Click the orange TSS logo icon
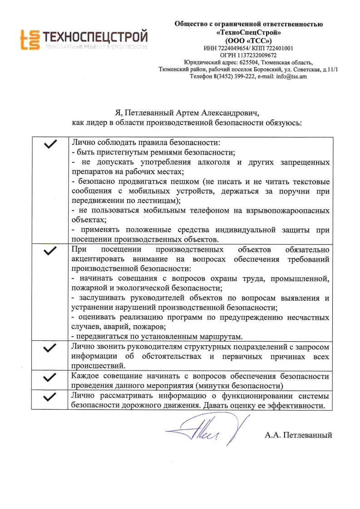pos(29,40)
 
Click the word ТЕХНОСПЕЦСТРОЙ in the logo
pos(95,36)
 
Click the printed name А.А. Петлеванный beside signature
pos(298,435)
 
